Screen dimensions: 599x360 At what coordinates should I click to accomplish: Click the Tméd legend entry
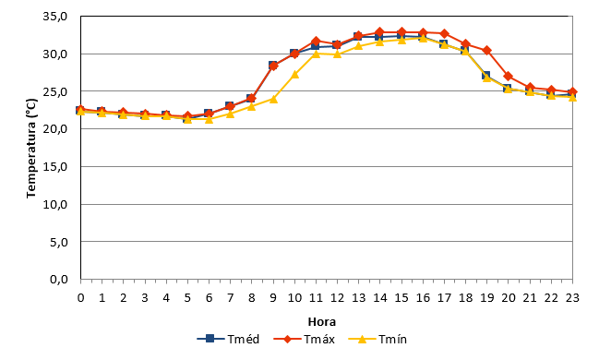click(x=228, y=339)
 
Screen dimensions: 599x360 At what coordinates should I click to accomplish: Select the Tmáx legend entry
click(x=305, y=339)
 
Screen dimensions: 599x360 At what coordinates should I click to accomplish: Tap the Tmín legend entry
click(x=377, y=339)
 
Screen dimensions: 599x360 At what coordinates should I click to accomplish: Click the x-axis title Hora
click(x=322, y=322)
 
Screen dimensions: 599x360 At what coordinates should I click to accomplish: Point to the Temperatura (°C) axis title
click(x=31, y=149)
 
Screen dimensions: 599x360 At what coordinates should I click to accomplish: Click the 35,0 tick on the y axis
click(x=55, y=17)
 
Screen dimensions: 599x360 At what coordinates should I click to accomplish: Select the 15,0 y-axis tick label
click(x=55, y=167)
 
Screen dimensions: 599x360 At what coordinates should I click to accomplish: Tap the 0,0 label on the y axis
click(x=59, y=280)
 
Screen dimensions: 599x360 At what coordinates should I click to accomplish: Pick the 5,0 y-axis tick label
click(x=59, y=242)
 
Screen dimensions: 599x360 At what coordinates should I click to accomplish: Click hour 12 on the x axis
click(x=337, y=298)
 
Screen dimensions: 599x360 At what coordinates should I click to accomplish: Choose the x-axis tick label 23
click(x=572, y=298)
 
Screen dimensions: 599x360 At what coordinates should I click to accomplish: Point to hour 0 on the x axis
click(x=80, y=298)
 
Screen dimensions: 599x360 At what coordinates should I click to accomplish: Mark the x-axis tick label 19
click(x=487, y=298)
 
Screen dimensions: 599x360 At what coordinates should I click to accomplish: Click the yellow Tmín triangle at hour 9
click(x=273, y=99)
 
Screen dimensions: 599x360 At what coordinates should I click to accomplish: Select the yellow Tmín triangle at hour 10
click(x=294, y=75)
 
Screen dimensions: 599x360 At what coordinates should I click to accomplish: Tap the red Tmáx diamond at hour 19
click(x=486, y=51)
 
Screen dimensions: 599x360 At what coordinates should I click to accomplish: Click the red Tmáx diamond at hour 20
click(x=508, y=76)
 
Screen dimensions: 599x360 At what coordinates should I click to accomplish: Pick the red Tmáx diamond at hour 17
click(x=444, y=33)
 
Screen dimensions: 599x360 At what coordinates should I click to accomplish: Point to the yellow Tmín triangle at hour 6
click(x=209, y=119)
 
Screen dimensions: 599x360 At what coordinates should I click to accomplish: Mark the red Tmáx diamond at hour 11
click(x=316, y=41)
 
